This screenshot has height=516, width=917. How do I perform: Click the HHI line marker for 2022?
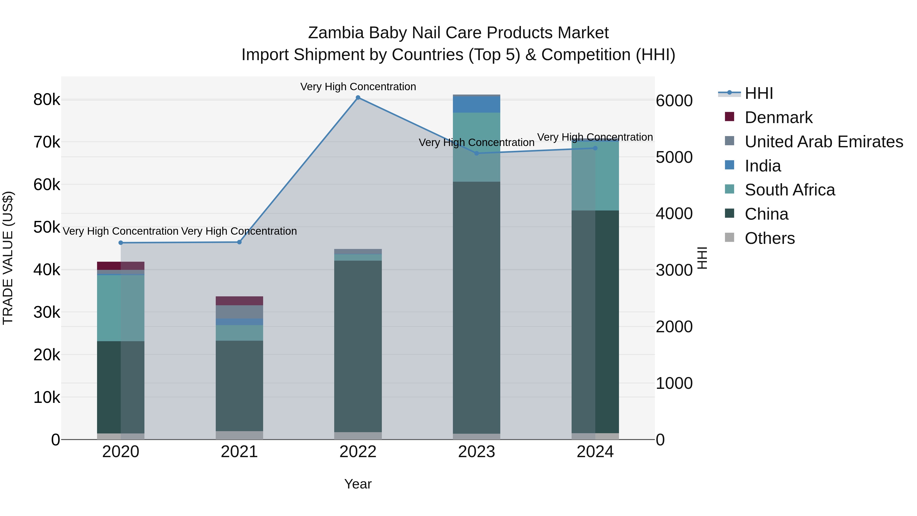[358, 98]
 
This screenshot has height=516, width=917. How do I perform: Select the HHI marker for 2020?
[121, 243]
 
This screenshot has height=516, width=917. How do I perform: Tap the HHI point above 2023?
[477, 153]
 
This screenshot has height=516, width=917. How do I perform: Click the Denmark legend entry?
[778, 117]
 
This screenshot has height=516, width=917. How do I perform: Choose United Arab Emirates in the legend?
[823, 142]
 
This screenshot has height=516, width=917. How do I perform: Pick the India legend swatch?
[730, 165]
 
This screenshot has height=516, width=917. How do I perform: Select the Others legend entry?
[769, 238]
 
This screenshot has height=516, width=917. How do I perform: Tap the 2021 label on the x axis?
[239, 452]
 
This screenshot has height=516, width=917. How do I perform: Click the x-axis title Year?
[358, 484]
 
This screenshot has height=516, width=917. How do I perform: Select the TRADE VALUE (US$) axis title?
[8, 258]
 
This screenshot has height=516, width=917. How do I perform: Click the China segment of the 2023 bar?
[476, 306]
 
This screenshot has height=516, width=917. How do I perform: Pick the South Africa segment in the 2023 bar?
[476, 147]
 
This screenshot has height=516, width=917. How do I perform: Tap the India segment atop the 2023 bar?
[476, 104]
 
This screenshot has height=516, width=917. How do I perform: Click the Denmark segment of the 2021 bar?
[239, 301]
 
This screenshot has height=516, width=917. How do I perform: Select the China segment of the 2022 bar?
[358, 346]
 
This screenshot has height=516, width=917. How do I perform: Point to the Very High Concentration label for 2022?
[358, 87]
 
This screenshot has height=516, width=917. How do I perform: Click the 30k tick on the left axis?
[47, 313]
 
